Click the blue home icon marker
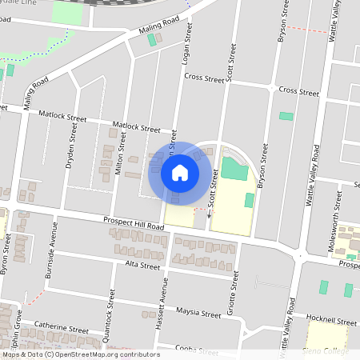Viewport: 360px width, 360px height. coord(180,172)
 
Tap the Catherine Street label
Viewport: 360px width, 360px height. coord(62,329)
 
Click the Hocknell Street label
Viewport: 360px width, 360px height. coord(330,322)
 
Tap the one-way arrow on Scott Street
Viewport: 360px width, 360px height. coord(210,214)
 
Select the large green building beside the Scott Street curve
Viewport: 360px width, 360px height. coord(234,168)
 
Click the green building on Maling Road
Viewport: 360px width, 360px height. coord(151,39)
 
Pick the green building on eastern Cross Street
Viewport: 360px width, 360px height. coord(286,116)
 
